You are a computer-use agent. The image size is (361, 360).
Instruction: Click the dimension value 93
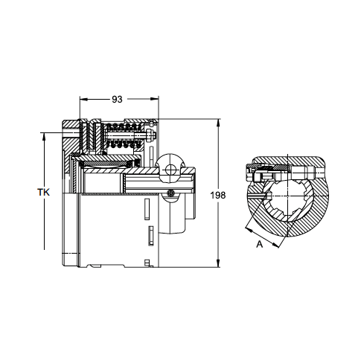(x=117, y=99)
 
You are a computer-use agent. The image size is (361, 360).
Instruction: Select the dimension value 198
(x=218, y=196)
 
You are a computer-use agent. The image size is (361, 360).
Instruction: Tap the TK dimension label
(x=43, y=192)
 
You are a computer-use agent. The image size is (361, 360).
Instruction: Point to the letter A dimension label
(x=259, y=244)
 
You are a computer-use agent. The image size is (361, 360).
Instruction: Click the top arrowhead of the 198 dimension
(x=218, y=123)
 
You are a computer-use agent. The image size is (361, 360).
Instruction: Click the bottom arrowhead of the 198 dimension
(x=218, y=263)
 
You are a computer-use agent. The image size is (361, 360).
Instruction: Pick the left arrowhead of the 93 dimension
(x=83, y=99)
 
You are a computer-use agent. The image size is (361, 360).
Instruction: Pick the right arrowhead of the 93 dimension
(x=155, y=99)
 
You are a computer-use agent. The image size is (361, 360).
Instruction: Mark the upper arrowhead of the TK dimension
(x=44, y=137)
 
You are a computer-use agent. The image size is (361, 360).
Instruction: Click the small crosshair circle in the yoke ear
(x=170, y=170)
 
